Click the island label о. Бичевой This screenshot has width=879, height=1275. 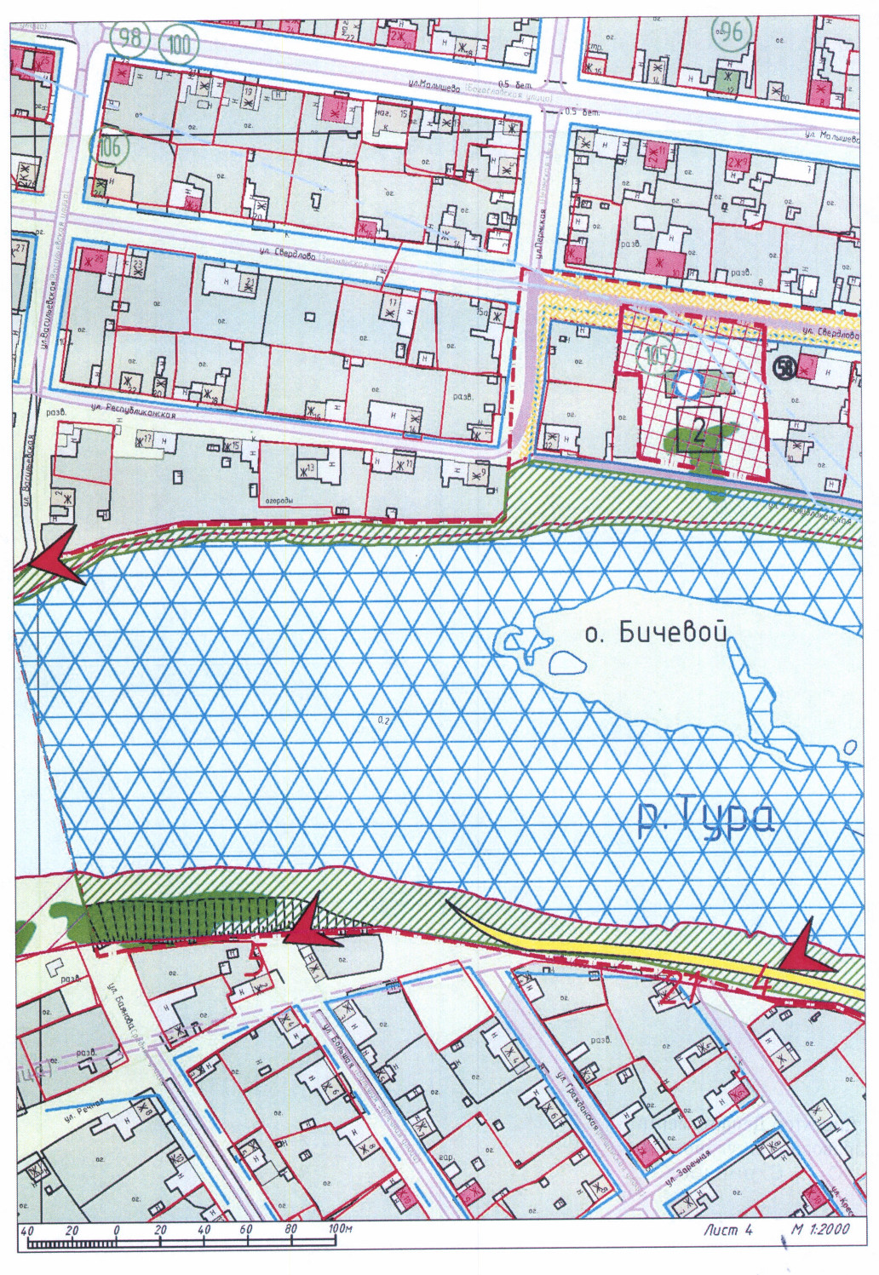tap(658, 633)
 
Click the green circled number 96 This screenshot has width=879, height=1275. tap(730, 33)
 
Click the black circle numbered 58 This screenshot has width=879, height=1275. tap(784, 367)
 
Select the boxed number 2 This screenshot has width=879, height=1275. tap(698, 429)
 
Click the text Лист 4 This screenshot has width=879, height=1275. tap(728, 1229)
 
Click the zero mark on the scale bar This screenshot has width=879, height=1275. tap(116, 1230)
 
